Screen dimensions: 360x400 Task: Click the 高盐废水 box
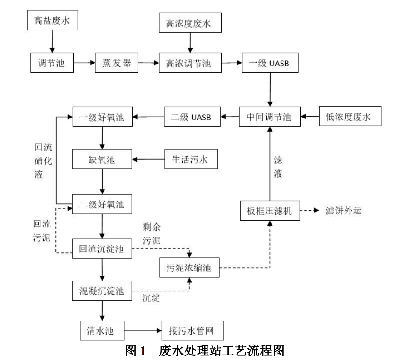[52, 20]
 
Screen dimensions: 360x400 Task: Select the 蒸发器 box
[116, 63]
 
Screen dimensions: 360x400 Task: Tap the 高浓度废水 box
[190, 23]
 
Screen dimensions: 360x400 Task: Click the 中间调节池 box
[270, 117]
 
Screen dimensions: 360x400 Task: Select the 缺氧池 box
[102, 159]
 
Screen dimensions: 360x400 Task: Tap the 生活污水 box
[190, 159]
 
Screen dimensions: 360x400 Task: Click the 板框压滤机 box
[270, 211]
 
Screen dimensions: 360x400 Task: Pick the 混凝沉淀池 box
[102, 290]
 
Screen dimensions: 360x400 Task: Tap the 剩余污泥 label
[150, 233]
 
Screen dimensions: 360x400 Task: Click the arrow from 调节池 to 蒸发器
[84, 63]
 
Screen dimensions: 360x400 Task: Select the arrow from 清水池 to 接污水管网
[143, 330]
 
